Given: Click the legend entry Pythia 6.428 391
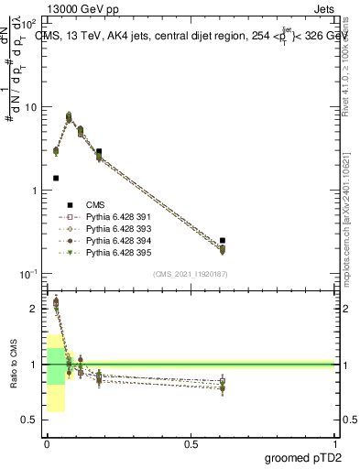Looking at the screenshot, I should [x=119, y=216].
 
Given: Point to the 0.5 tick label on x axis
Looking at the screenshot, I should [x=191, y=444].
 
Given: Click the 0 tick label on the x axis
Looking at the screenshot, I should [x=47, y=444].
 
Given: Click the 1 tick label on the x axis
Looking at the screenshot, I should [x=334, y=444].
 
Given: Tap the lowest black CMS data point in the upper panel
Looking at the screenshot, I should [x=56, y=178].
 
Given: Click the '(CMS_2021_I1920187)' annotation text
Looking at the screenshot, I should [x=190, y=273].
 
